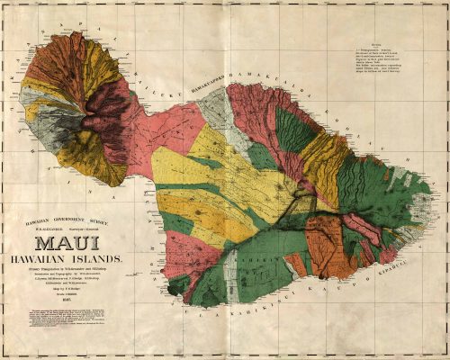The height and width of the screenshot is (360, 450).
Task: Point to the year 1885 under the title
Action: tap(80, 305)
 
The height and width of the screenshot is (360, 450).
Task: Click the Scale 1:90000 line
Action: tap(80, 299)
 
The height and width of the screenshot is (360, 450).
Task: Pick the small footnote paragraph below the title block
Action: tap(79, 319)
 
